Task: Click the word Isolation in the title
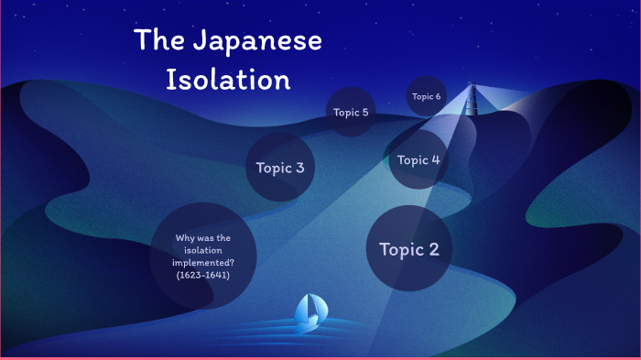[228, 79]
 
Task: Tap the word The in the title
[157, 41]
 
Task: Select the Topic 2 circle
[409, 249]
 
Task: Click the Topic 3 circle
[280, 168]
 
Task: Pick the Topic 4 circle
[419, 159]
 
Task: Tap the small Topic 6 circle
[426, 96]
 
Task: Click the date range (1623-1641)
[203, 275]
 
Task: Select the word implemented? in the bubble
[203, 263]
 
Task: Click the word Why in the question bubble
[184, 238]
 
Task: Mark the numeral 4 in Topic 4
[436, 159]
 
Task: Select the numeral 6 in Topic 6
[439, 96]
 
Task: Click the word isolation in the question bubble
[203, 250]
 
